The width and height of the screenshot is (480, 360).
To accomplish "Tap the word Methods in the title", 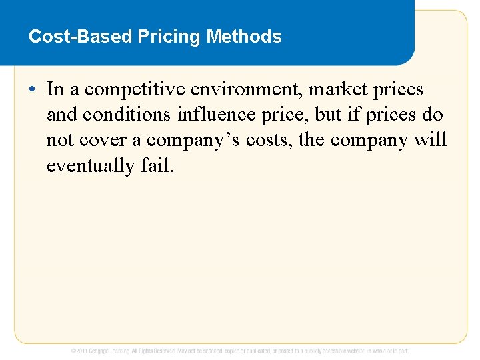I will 244,36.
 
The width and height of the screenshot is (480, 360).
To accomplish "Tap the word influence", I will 212,115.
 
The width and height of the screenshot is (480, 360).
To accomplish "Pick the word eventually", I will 90,166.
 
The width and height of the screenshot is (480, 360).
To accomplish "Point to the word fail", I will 156,166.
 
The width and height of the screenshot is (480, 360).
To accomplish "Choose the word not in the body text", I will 61,141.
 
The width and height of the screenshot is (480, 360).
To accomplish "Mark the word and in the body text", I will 62,115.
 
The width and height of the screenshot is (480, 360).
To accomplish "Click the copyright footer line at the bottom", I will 240,351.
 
